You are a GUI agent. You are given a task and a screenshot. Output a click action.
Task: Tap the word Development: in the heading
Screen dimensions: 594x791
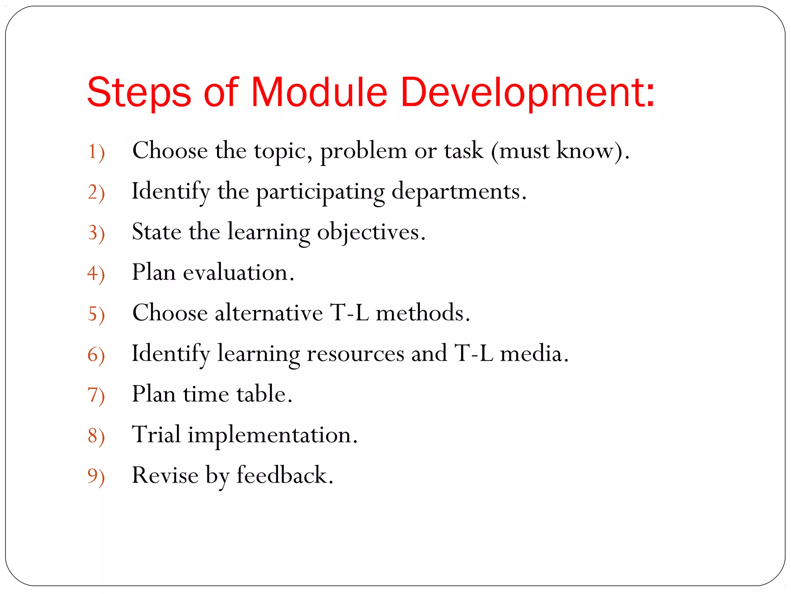(x=528, y=93)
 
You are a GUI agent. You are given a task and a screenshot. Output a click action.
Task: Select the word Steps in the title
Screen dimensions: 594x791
(x=139, y=93)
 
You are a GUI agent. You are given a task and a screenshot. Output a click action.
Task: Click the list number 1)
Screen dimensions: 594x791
(x=96, y=152)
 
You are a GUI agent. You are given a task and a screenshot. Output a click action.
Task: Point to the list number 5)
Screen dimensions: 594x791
(x=96, y=314)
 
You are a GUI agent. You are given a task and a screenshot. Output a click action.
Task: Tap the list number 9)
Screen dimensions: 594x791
(x=96, y=476)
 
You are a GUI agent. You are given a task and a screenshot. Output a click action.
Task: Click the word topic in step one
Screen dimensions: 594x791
(x=282, y=151)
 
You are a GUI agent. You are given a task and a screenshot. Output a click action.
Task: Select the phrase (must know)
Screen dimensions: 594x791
(x=560, y=151)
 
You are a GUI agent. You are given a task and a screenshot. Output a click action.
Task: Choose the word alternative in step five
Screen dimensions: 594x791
(x=269, y=313)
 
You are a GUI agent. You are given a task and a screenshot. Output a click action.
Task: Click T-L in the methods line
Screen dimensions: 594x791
(x=349, y=313)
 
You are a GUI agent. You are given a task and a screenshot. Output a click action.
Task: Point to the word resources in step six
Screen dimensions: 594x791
(x=355, y=353)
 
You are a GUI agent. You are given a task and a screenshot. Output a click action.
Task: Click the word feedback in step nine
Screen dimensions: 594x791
(x=283, y=475)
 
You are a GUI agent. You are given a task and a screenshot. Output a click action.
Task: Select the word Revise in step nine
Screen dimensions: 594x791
(x=165, y=475)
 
